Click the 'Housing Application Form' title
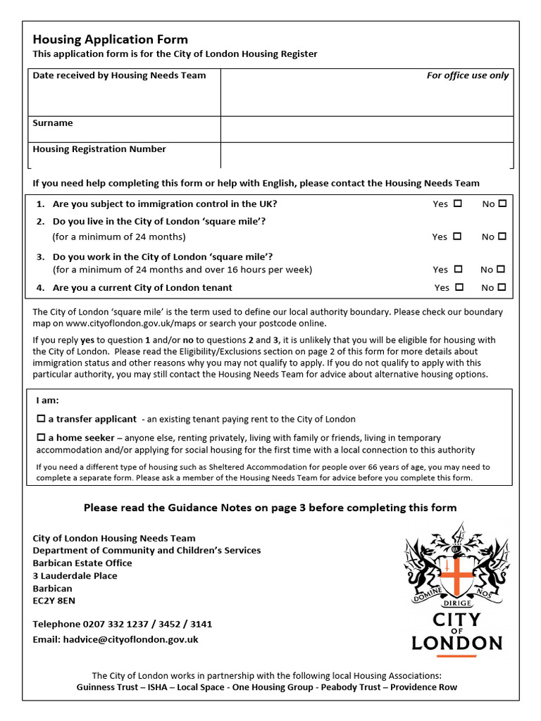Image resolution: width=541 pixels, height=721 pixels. [x=111, y=39]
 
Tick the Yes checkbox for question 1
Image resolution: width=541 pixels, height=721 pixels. [x=458, y=203]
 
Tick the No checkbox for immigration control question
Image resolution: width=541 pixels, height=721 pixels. [x=502, y=203]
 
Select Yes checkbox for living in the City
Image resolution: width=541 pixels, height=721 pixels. [x=457, y=237]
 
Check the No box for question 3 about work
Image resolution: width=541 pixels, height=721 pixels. [x=502, y=269]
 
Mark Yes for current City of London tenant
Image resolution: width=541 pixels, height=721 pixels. [x=459, y=287]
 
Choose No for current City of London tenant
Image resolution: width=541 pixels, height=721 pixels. [x=502, y=287]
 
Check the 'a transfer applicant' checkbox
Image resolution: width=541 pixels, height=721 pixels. [x=41, y=419]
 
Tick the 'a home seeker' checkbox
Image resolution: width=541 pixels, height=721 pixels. [x=41, y=438]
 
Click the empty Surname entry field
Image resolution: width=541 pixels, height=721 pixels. [x=366, y=130]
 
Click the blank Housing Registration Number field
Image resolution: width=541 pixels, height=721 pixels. [x=366, y=155]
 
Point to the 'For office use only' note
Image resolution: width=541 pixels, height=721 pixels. [x=467, y=75]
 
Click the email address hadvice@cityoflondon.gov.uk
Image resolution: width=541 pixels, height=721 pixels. [x=134, y=639]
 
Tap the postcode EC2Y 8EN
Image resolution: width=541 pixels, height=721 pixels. [x=54, y=601]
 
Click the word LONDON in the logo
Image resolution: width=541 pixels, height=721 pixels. [x=456, y=642]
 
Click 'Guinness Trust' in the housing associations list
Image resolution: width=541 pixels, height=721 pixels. [x=108, y=687]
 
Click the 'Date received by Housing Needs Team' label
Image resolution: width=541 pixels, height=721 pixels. [x=120, y=75]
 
